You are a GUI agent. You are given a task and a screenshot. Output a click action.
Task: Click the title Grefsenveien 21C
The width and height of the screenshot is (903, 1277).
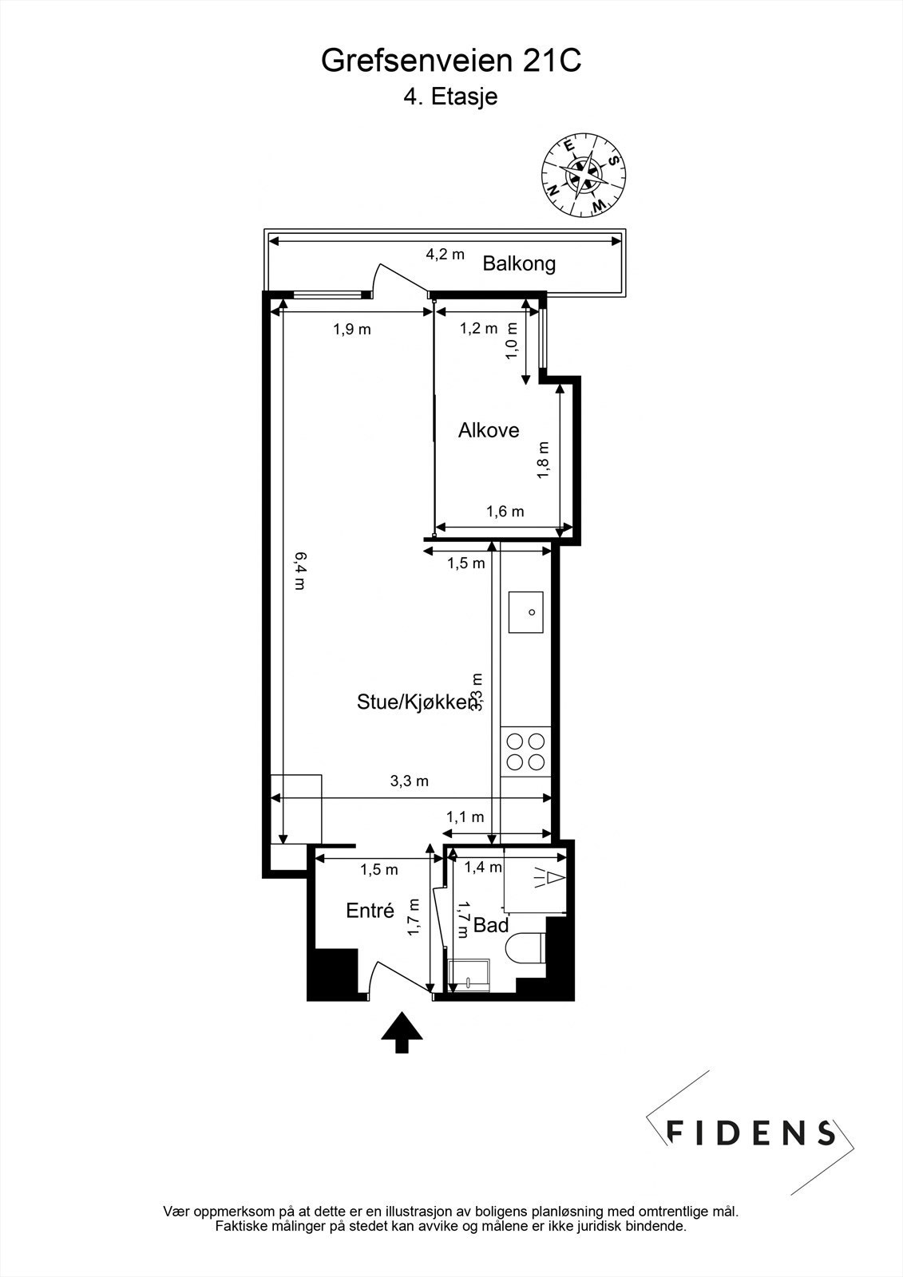pos(451,61)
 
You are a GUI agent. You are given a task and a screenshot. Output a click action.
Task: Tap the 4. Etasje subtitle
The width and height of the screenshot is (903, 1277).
pos(450,97)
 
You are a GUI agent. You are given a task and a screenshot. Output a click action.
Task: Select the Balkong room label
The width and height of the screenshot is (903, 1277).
pos(519,263)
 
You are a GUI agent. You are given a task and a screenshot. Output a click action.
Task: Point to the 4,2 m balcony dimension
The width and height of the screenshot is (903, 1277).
pos(445,255)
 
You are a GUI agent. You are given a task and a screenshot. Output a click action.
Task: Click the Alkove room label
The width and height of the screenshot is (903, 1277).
pos(489,431)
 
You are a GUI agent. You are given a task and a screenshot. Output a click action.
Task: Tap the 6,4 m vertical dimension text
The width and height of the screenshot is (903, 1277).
pos(299,570)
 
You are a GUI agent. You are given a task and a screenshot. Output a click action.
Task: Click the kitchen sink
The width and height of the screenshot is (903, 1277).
pos(526,612)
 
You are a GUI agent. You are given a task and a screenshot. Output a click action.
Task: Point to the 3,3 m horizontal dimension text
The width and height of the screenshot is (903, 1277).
pos(409,781)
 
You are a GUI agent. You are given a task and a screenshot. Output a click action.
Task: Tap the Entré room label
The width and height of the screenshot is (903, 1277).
pos(370,911)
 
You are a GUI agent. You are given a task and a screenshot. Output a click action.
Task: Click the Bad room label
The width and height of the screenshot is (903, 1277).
pos(491,926)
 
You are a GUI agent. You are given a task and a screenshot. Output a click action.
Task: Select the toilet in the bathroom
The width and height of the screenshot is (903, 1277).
pos(525,947)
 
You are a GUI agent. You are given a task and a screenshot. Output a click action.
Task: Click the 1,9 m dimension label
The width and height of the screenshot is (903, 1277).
pos(352,329)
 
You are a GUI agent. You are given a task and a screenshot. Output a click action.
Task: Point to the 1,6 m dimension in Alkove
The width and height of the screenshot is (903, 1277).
pos(505,512)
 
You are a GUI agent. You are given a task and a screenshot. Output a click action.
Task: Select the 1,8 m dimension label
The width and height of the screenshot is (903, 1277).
pos(544,460)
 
